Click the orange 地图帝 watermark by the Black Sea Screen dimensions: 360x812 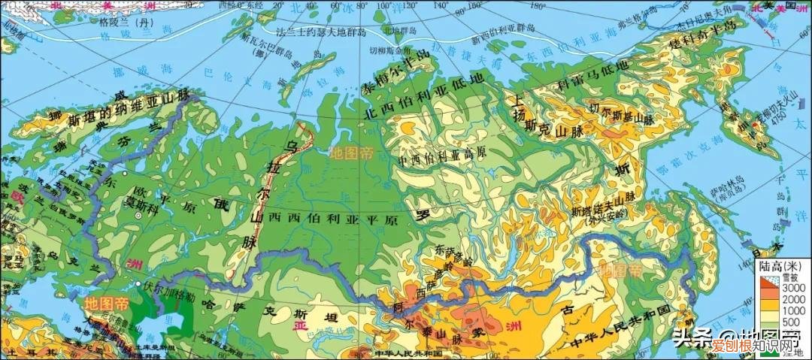pyautogui.click(x=107, y=304)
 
